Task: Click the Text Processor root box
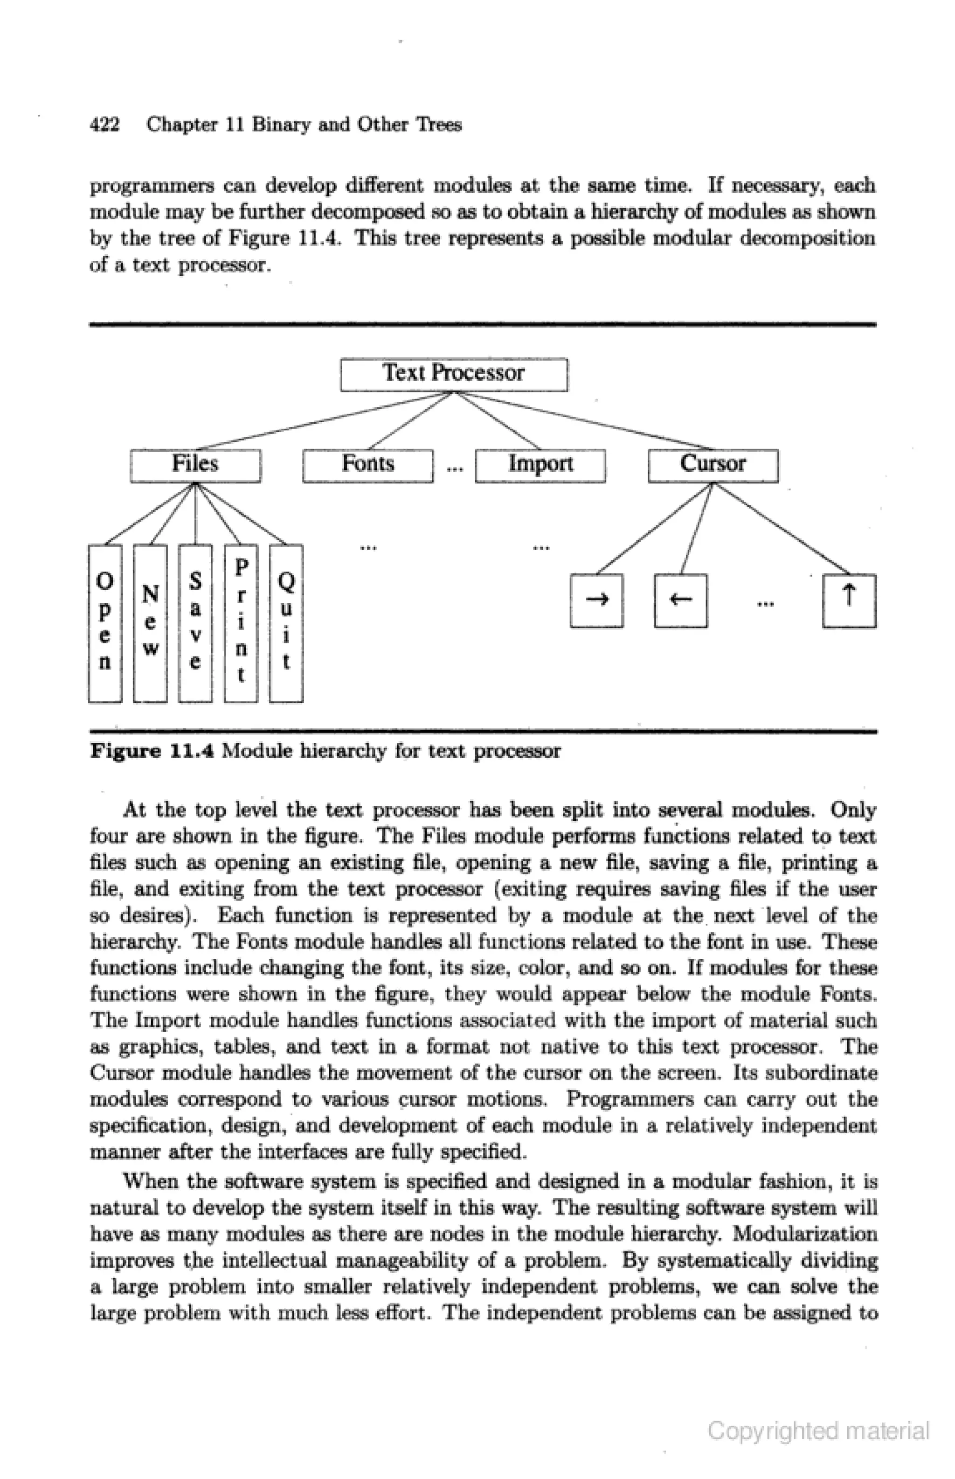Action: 454,374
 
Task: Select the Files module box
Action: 195,465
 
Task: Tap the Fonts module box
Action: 368,465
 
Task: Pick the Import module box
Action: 540,465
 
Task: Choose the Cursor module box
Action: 713,465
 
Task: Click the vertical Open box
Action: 105,623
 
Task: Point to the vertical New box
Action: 150,623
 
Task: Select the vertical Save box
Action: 195,623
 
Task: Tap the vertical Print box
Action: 241,623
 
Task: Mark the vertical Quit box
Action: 286,623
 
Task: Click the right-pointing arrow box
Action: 596,600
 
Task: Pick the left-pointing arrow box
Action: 681,600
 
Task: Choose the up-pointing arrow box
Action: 849,600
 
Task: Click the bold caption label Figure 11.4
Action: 152,751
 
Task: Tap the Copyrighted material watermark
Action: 818,1430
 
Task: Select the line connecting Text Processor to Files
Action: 323,421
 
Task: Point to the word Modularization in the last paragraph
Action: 805,1234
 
